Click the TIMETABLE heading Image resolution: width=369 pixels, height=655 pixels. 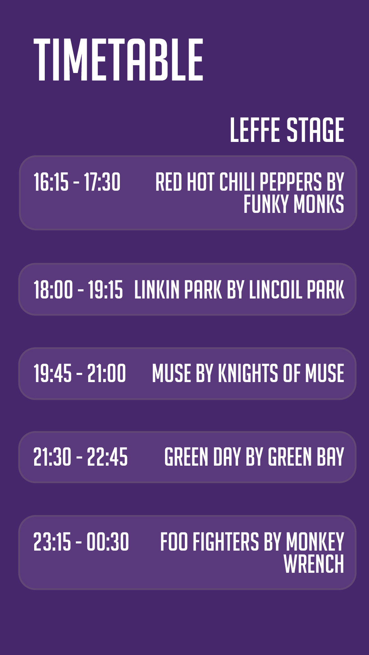point(119,60)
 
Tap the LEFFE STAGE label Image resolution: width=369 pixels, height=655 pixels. point(287,130)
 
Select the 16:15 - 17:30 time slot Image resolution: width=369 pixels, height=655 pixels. point(77,182)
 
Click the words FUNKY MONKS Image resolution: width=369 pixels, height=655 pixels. point(294,204)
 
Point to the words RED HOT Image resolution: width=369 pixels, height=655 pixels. point(185,182)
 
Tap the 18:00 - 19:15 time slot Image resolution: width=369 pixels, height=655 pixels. point(78,290)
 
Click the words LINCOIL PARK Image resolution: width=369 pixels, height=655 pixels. point(297,290)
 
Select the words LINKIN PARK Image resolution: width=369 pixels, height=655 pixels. point(178,290)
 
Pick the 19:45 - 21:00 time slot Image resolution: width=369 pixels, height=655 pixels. point(80,373)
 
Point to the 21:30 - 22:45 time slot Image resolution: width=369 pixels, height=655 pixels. point(81,457)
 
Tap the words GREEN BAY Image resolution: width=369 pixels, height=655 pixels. point(306,457)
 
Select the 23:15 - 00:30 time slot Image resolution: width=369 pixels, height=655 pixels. point(81,541)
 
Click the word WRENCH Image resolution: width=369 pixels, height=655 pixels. point(314,564)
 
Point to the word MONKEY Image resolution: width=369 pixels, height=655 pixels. point(315,541)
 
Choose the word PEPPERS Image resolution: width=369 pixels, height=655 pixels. point(291,182)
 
